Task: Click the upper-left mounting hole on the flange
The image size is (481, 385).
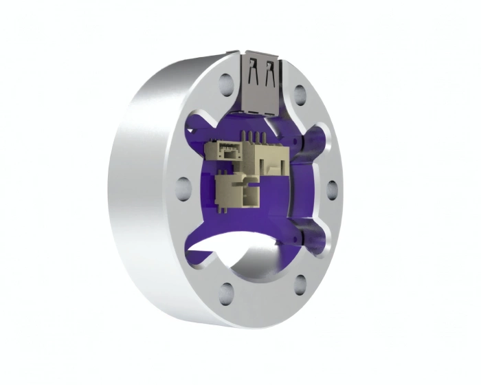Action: [225, 85]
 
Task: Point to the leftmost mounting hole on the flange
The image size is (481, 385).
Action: [183, 185]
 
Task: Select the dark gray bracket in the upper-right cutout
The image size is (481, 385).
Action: [306, 144]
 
